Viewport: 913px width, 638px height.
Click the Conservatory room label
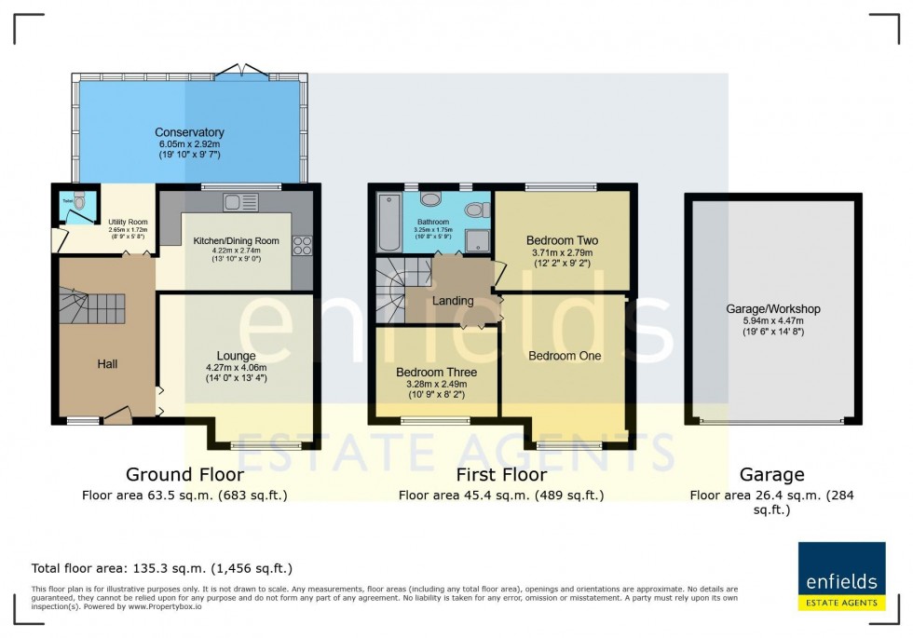[x=189, y=132]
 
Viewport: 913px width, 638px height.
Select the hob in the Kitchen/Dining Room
[x=303, y=246]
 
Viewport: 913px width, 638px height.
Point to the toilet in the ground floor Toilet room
[x=79, y=202]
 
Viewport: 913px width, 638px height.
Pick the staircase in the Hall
[x=93, y=305]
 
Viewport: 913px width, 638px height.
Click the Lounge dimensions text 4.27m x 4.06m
[x=236, y=368]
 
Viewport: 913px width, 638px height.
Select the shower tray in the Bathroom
[x=480, y=241]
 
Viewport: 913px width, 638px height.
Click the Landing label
[x=453, y=301]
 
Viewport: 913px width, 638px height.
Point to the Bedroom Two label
[x=562, y=240]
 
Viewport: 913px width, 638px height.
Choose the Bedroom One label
[x=565, y=356]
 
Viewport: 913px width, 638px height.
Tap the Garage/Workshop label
[x=772, y=309]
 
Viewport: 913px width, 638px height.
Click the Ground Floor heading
[x=184, y=475]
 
